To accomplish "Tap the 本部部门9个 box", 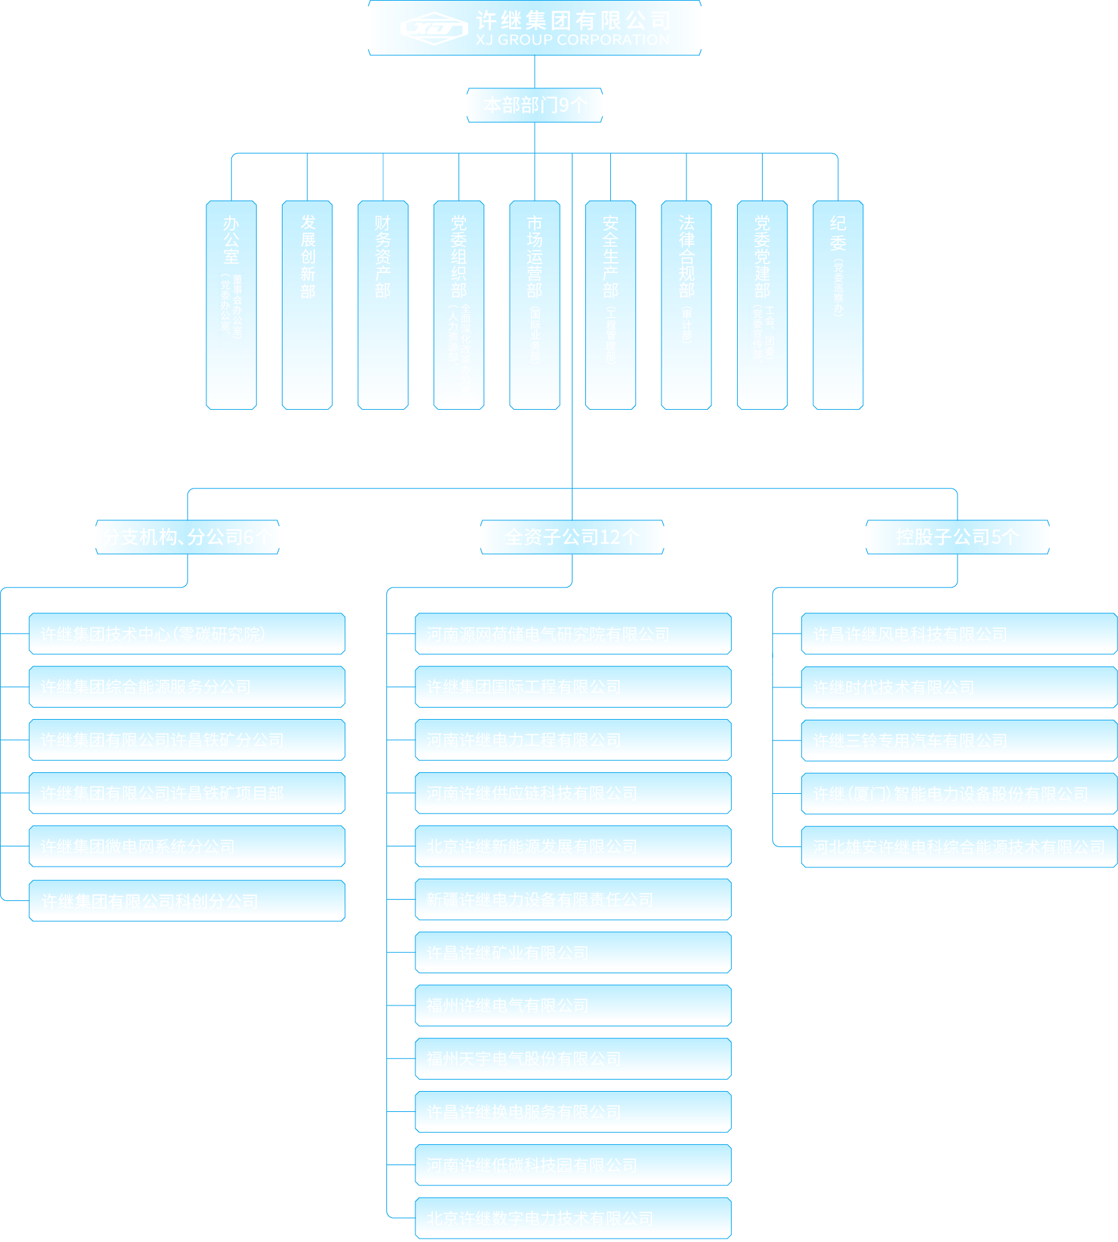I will (535, 105).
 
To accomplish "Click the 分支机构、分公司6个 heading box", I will (187, 537).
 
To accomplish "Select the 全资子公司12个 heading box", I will (572, 537).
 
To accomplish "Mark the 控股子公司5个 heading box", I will (958, 537).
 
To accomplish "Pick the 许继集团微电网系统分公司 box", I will (187, 846).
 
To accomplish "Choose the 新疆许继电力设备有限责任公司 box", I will (573, 899).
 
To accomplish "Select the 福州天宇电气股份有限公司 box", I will (573, 1058).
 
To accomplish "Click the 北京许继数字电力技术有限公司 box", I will (573, 1218).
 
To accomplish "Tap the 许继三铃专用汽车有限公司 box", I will (959, 741).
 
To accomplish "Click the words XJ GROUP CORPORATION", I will (572, 40).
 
